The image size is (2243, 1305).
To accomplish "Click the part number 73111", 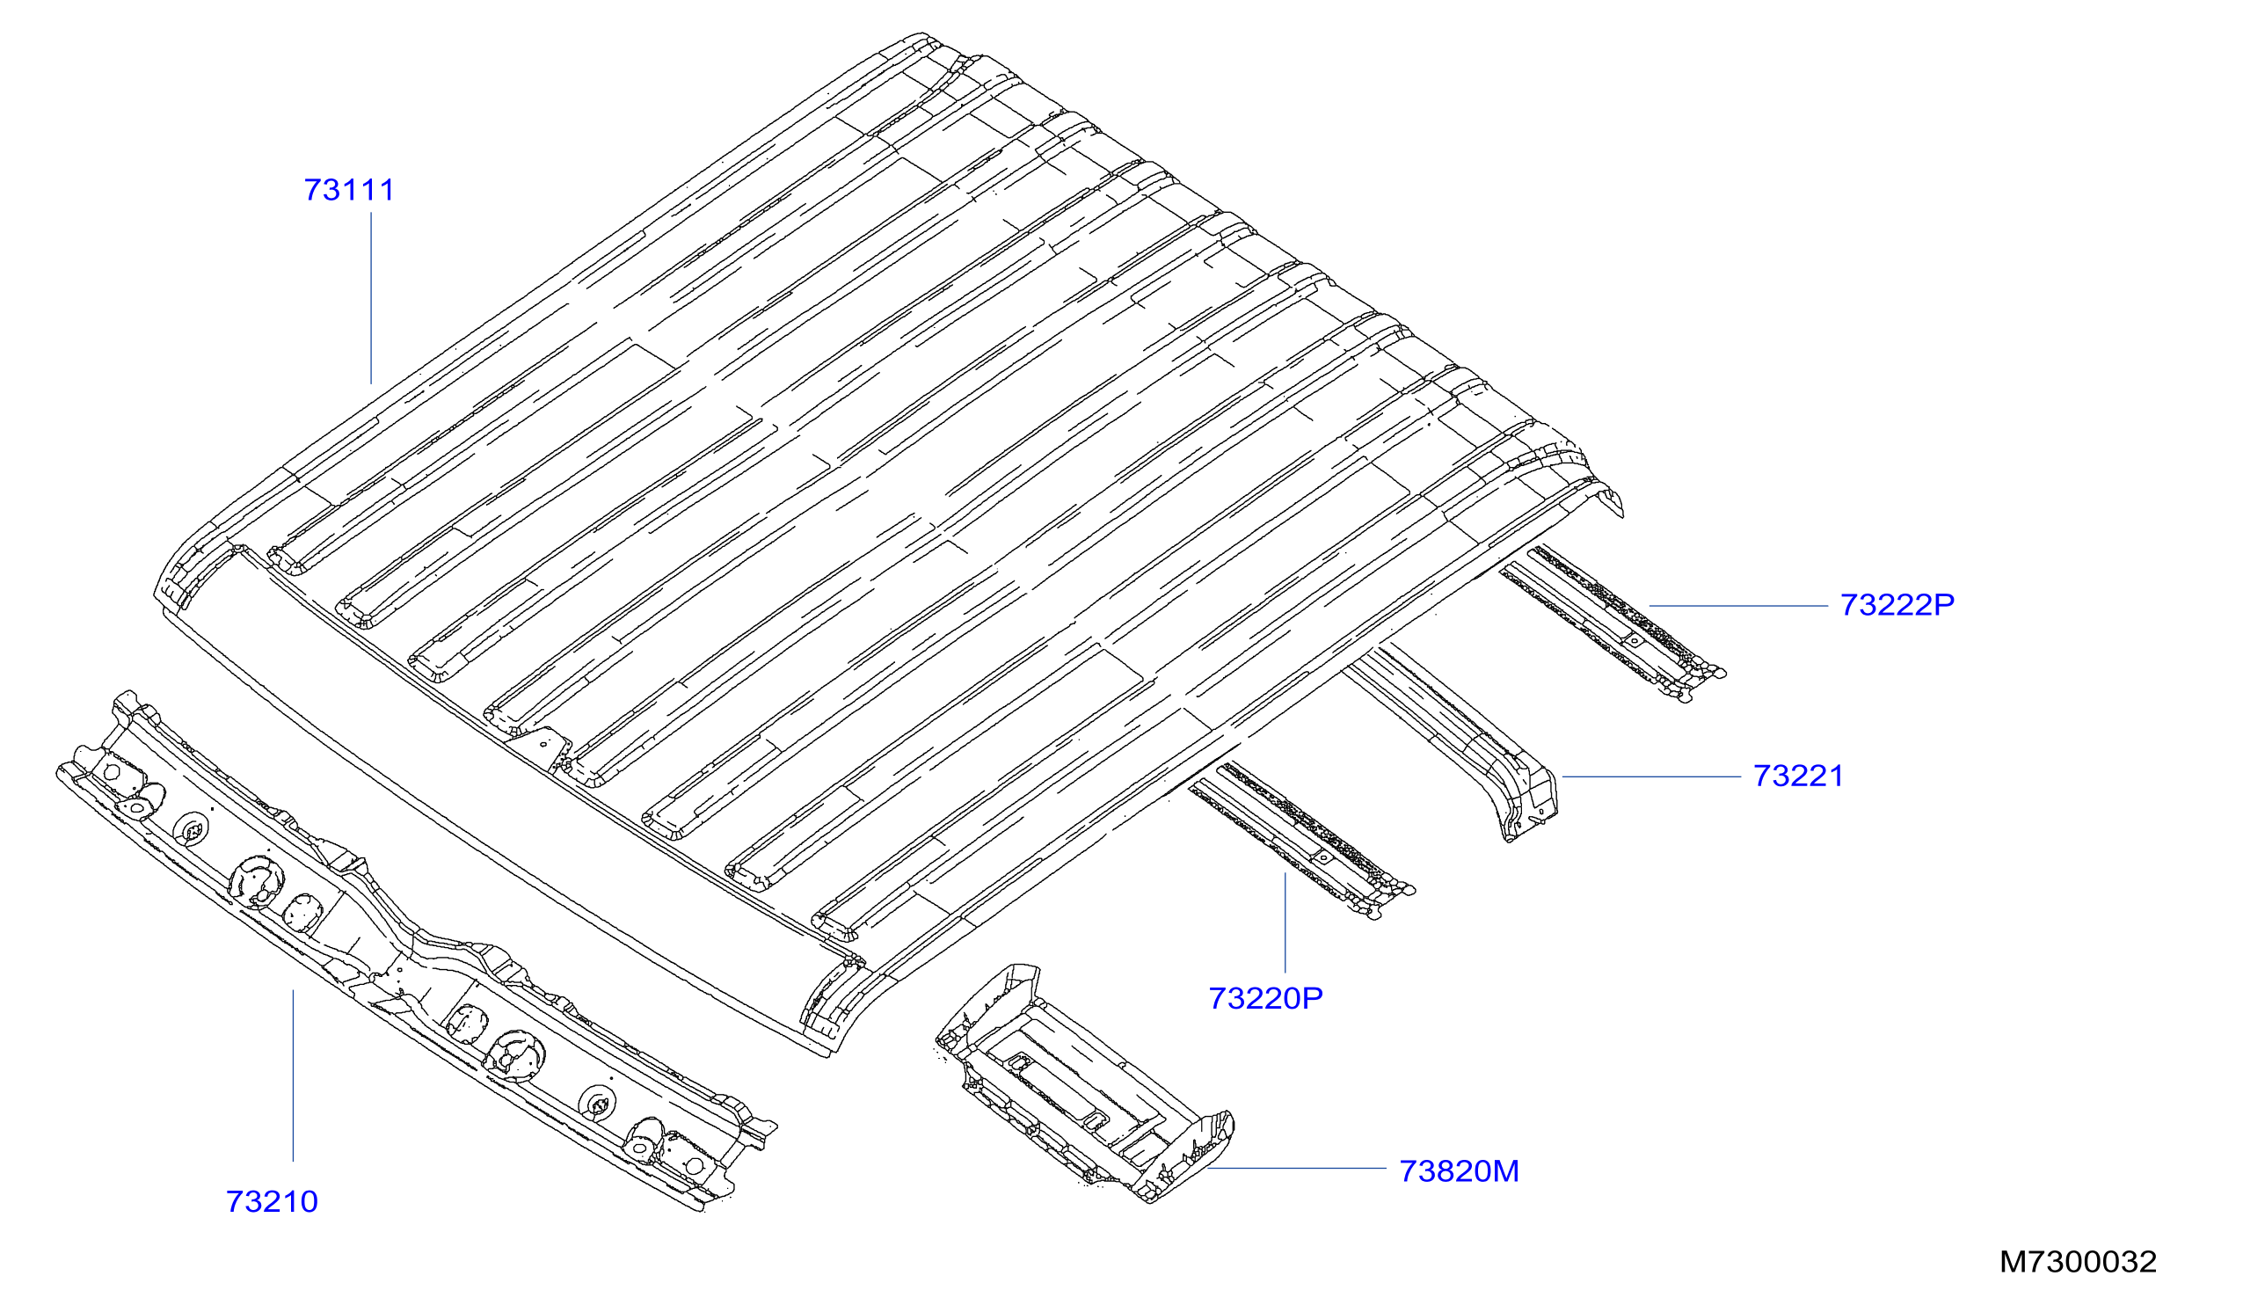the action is [x=349, y=191].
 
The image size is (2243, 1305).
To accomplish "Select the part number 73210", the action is [x=273, y=1203].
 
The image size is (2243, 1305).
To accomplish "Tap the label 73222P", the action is [x=1897, y=605].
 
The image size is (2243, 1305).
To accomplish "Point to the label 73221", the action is [x=1798, y=776].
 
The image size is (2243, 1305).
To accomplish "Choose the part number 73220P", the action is [x=1265, y=999].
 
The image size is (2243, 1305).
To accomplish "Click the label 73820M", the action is [x=1459, y=1171].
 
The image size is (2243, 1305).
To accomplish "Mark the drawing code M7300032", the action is [x=2078, y=1262].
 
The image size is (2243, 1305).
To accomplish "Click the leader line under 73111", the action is [x=371, y=298].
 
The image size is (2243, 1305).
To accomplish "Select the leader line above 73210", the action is [x=293, y=1075].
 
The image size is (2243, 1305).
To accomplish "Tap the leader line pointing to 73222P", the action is [x=1738, y=606].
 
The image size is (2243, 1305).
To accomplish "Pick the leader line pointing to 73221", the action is [x=1651, y=777].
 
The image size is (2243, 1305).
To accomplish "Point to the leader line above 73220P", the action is [x=1285, y=923].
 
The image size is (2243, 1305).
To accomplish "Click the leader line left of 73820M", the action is [x=1296, y=1169].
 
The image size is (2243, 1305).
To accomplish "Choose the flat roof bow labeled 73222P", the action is [x=1611, y=623].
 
